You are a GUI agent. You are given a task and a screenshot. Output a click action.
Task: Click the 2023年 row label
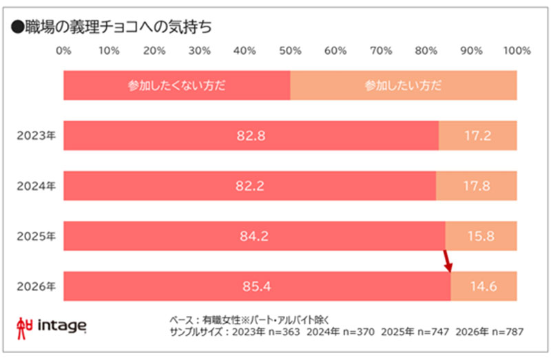click(x=37, y=136)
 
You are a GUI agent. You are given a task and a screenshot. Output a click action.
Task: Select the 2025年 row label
click(x=37, y=237)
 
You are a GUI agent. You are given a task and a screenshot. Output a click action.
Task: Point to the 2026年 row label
click(x=37, y=286)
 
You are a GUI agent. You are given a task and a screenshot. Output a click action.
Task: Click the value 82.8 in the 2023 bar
click(x=251, y=136)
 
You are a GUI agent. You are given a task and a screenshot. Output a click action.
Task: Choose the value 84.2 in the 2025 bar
click(x=254, y=237)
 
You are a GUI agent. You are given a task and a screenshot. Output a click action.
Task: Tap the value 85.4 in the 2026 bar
click(x=257, y=286)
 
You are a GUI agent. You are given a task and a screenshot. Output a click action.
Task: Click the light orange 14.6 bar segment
click(x=484, y=286)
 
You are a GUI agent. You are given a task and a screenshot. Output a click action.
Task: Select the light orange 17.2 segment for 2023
click(x=477, y=136)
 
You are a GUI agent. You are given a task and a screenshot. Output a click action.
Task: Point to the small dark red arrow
click(x=448, y=261)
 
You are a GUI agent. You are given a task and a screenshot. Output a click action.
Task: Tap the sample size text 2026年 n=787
click(x=491, y=331)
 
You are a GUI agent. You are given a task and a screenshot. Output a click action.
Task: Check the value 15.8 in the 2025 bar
click(x=481, y=237)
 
